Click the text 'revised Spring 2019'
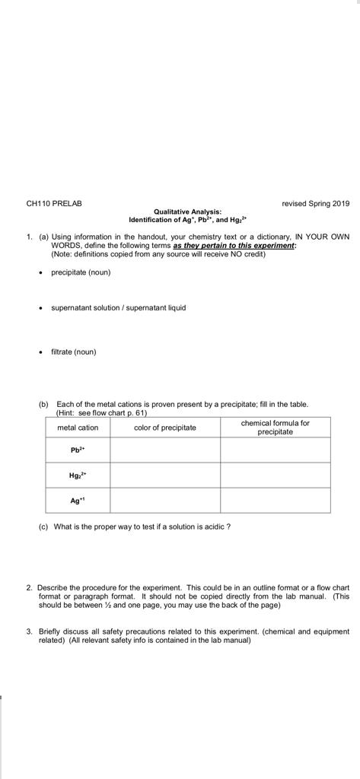[315, 203]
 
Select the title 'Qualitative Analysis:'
[187, 211]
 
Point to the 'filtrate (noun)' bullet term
[74, 351]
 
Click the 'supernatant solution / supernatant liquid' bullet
[118, 308]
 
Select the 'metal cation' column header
[78, 428]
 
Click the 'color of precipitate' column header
[165, 428]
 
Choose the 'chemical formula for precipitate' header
[276, 427]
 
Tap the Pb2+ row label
[78, 450]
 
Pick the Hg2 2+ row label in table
[78, 475]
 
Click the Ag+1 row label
[78, 501]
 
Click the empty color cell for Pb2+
[165, 450]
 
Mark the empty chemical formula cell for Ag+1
[276, 501]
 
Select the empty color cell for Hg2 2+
[165, 475]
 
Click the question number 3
[29, 631]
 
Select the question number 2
[29, 588]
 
